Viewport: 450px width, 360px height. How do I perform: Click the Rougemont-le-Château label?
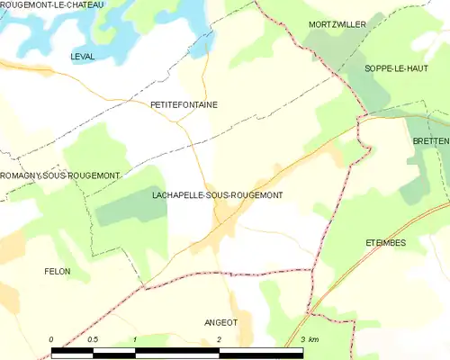tap(52, 5)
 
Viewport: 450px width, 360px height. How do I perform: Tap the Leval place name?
tap(82, 57)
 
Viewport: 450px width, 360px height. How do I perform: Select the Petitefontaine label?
tap(184, 104)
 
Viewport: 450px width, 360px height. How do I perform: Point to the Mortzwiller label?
tap(337, 24)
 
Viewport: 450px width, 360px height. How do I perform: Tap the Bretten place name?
tap(430, 141)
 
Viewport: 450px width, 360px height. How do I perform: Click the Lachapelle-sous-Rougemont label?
tap(218, 194)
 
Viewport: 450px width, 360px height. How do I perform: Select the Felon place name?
tap(57, 270)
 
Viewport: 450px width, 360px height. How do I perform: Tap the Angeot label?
tap(222, 321)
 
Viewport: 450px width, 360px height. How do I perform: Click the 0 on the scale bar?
tap(51, 339)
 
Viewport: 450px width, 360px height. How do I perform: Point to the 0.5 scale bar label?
tap(92, 339)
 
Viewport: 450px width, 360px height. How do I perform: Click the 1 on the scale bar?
tap(134, 339)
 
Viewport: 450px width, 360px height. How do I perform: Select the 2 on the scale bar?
tap(219, 339)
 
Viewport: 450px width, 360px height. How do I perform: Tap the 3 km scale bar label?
tap(309, 339)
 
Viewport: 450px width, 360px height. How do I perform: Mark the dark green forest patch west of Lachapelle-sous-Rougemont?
tap(130, 209)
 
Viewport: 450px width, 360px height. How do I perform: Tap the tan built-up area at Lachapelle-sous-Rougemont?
tap(223, 214)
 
